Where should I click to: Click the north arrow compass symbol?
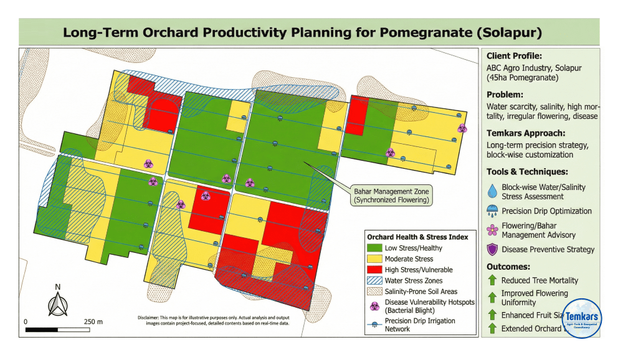tap(57, 303)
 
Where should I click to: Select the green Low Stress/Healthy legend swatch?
tap(374, 247)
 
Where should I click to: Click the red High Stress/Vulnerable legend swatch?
tap(374, 270)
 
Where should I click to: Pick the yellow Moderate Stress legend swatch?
tap(374, 258)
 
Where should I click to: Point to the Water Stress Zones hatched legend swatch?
tap(374, 281)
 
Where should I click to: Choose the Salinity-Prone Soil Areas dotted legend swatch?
tap(374, 291)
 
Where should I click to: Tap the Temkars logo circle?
tap(581, 318)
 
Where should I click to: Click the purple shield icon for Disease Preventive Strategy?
tap(492, 249)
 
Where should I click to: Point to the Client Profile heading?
tap(514, 55)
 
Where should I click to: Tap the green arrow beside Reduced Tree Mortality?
tap(492, 280)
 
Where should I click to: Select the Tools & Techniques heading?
tap(526, 171)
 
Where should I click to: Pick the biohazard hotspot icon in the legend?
tap(374, 305)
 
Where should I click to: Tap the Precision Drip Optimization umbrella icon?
tap(492, 211)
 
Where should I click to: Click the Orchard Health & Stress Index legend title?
tap(417, 237)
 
